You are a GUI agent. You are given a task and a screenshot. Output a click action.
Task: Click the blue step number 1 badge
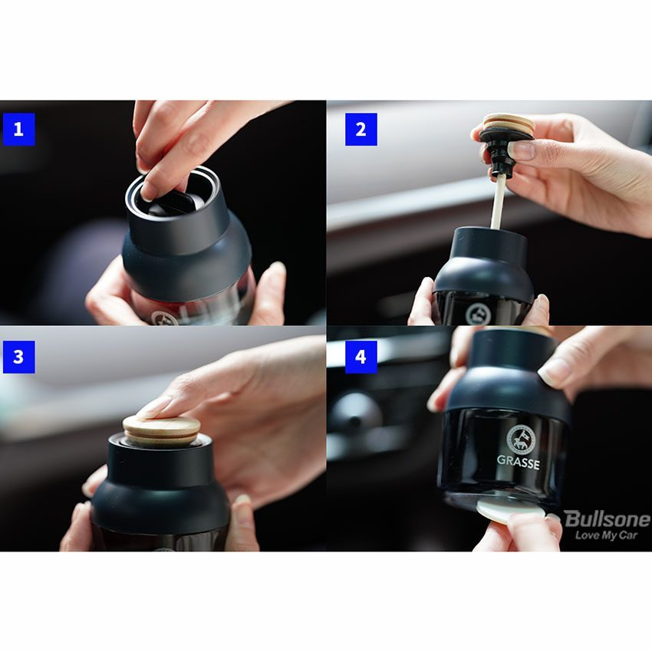[18, 130]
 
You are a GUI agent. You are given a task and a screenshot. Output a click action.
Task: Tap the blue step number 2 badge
[361, 130]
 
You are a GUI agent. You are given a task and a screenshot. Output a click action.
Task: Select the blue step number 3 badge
[18, 357]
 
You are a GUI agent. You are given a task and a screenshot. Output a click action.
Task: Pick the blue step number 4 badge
[361, 357]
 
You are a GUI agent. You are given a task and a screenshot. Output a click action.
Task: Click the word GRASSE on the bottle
[518, 463]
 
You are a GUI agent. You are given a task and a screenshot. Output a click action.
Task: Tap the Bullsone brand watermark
[607, 519]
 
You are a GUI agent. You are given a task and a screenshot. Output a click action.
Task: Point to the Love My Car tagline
[606, 535]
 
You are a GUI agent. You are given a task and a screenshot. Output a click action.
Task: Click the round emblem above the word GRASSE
[521, 439]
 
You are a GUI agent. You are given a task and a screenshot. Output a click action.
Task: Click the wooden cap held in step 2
[508, 124]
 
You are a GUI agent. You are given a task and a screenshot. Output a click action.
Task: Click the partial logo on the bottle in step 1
[164, 318]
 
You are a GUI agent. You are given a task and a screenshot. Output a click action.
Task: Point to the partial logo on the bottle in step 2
[478, 314]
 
